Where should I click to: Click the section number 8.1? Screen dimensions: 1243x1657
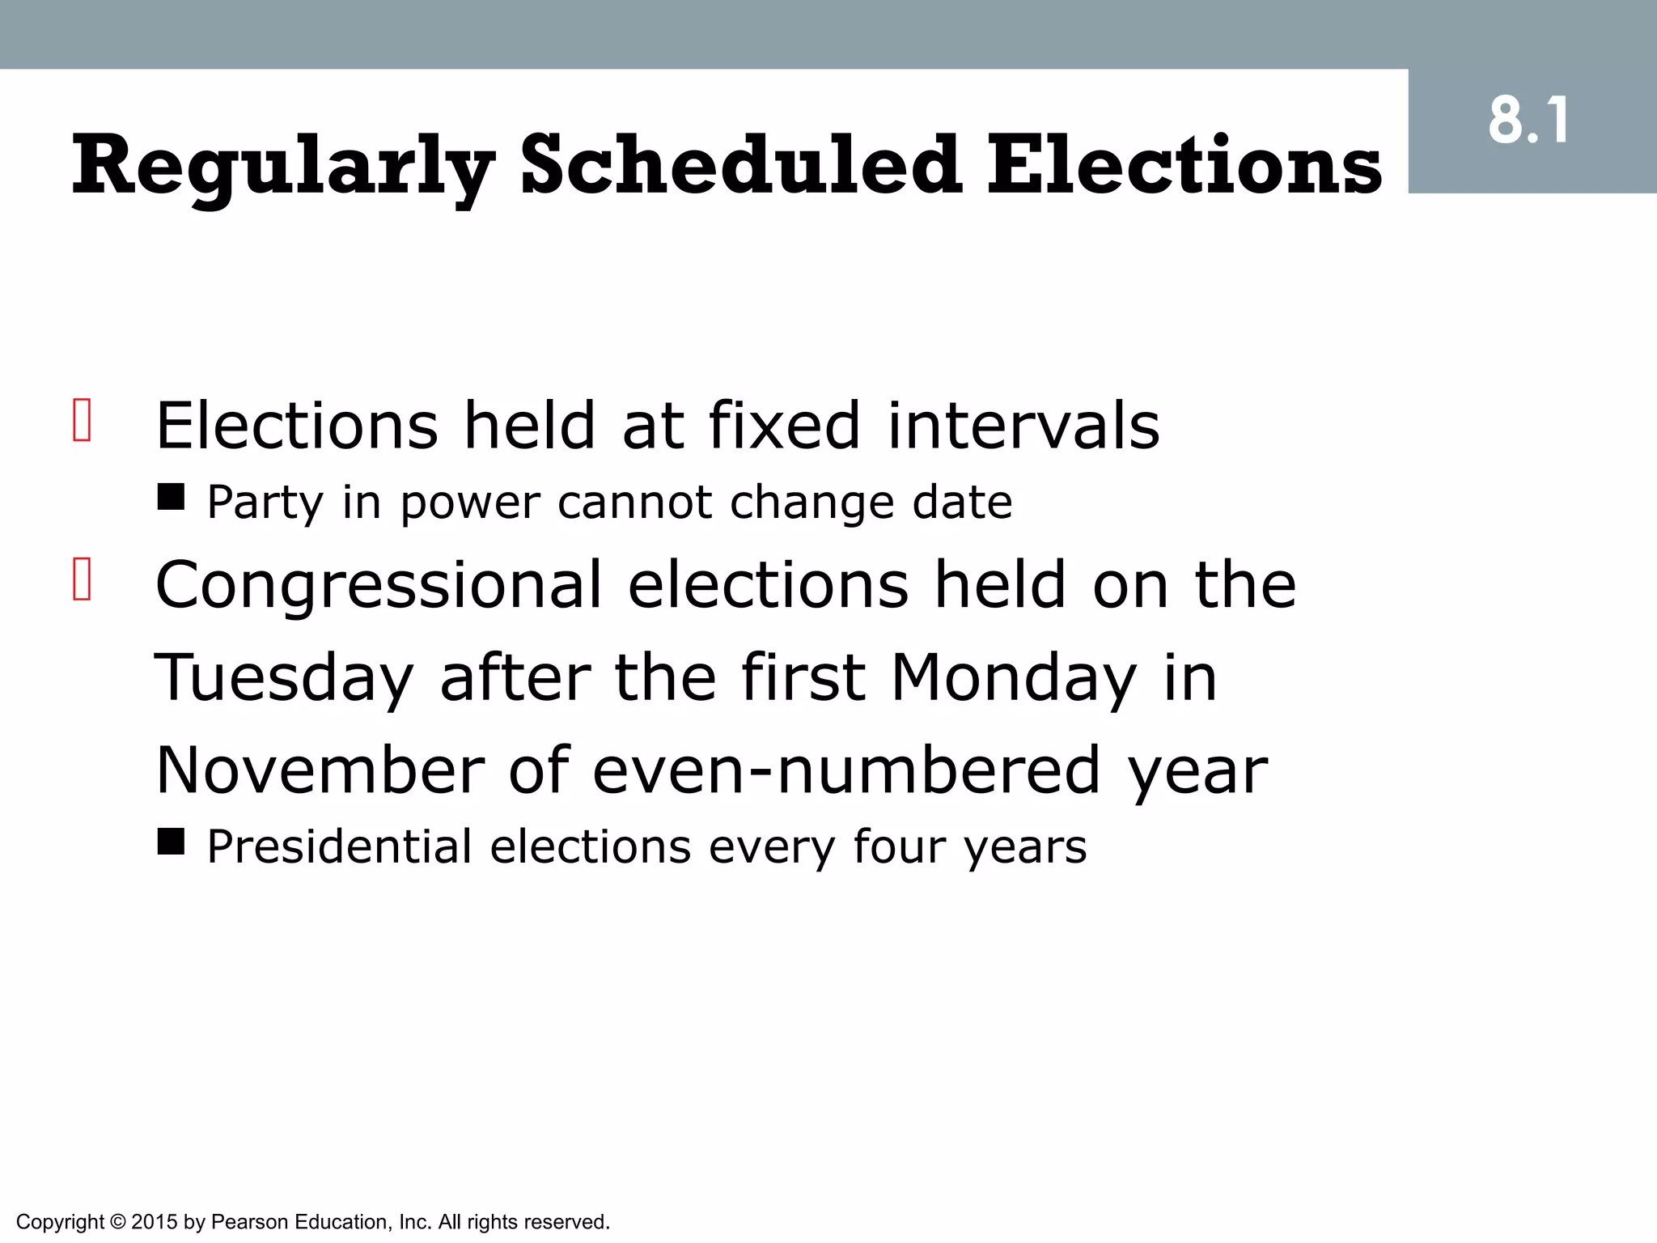click(1528, 121)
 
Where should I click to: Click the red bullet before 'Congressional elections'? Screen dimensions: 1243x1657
click(82, 579)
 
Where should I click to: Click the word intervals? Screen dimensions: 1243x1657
click(1023, 426)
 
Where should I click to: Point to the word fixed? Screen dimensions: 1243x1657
click(784, 426)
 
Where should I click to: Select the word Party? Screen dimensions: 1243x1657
click(265, 503)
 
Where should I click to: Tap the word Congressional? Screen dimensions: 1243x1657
click(379, 586)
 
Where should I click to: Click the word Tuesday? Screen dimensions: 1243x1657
click(283, 678)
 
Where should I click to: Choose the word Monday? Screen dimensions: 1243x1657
click(1014, 678)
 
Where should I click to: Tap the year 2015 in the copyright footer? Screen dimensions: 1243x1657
click(154, 1222)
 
